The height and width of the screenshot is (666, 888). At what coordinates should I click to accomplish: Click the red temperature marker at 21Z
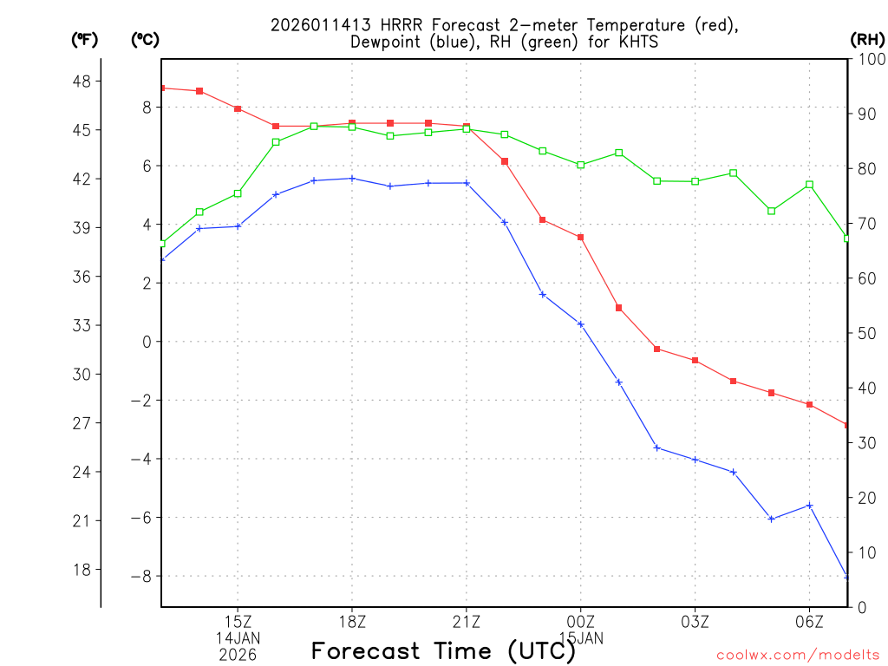point(467,127)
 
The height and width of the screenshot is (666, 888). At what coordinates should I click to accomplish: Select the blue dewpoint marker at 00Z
point(581,324)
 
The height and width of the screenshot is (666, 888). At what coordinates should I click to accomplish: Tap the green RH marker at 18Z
point(352,127)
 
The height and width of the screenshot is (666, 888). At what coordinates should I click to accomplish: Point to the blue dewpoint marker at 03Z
point(695,460)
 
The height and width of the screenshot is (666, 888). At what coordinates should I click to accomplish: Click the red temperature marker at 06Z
point(810,405)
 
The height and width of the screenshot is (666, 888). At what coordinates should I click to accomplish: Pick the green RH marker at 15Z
point(238,193)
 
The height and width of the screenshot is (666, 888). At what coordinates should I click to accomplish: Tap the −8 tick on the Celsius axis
point(140,577)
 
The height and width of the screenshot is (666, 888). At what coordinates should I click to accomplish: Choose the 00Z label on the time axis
point(581,622)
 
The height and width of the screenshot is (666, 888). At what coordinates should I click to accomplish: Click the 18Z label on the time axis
point(352,622)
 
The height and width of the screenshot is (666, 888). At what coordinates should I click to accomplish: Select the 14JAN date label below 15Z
point(238,638)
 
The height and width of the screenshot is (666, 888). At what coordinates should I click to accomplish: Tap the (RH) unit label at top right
point(867,39)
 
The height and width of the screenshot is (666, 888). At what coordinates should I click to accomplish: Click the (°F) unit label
point(85,39)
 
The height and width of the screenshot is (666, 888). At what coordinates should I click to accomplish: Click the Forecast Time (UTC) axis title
point(444,650)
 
